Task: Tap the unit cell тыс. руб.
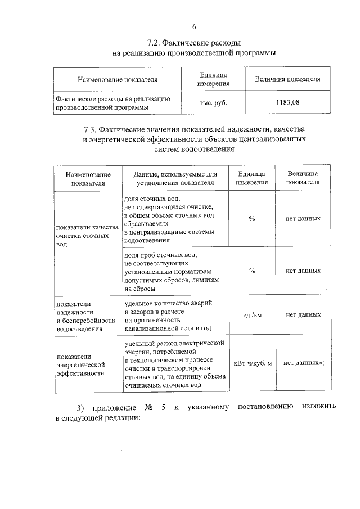click(x=213, y=102)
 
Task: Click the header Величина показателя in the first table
click(x=287, y=79)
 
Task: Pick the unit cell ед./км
click(x=252, y=316)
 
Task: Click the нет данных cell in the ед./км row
click(x=303, y=316)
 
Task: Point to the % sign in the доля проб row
click(x=252, y=271)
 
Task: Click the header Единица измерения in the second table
click(x=252, y=179)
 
